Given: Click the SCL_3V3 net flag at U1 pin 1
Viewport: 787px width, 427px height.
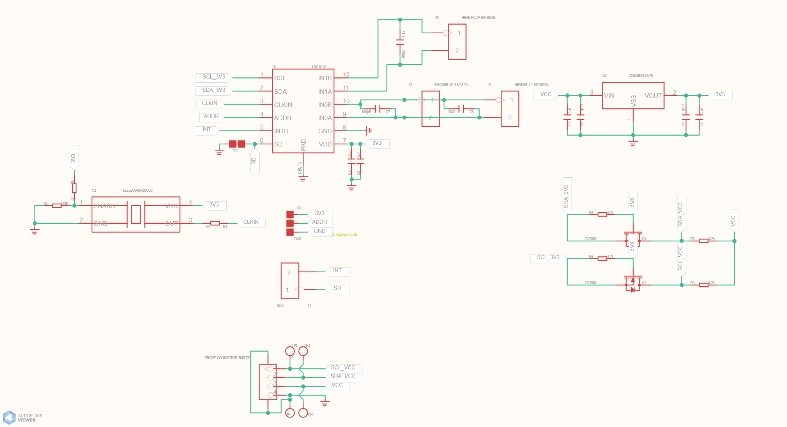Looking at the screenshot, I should click(x=214, y=77).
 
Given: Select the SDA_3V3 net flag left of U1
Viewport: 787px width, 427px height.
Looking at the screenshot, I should click(x=214, y=91).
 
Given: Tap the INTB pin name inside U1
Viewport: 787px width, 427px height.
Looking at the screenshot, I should click(x=281, y=131).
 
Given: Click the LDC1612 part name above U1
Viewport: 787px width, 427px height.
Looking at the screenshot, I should click(x=319, y=67).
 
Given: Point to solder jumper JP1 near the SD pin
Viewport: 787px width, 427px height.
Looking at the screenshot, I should click(x=237, y=144).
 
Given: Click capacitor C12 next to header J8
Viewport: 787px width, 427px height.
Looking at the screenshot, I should click(x=400, y=42).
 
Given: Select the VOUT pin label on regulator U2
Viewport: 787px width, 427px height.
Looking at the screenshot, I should click(x=653, y=96).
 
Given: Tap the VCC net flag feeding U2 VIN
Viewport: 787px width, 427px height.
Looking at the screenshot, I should click(x=546, y=95).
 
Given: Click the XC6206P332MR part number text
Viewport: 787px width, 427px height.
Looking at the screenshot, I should click(x=641, y=76).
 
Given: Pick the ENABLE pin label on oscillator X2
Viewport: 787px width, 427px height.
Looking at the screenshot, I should click(x=106, y=206).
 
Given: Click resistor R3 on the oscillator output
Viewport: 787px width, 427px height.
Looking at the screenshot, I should click(x=215, y=223).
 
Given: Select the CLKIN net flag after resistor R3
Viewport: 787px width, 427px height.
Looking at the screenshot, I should click(x=251, y=223).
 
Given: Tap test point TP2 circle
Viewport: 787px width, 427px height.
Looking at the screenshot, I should click(x=303, y=351).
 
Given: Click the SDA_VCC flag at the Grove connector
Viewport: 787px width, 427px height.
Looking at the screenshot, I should click(x=343, y=377).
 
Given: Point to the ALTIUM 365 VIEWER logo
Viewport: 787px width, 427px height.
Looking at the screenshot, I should click(x=23, y=418).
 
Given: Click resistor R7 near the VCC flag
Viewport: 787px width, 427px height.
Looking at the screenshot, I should click(x=703, y=241).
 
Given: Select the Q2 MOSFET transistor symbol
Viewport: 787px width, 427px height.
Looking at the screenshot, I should click(x=633, y=283).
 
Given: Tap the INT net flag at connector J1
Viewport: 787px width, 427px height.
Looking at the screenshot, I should click(x=337, y=271).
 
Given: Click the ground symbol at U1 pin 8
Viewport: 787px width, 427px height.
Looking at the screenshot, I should click(x=369, y=130).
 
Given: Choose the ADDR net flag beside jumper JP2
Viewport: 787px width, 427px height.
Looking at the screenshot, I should click(x=319, y=223).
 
